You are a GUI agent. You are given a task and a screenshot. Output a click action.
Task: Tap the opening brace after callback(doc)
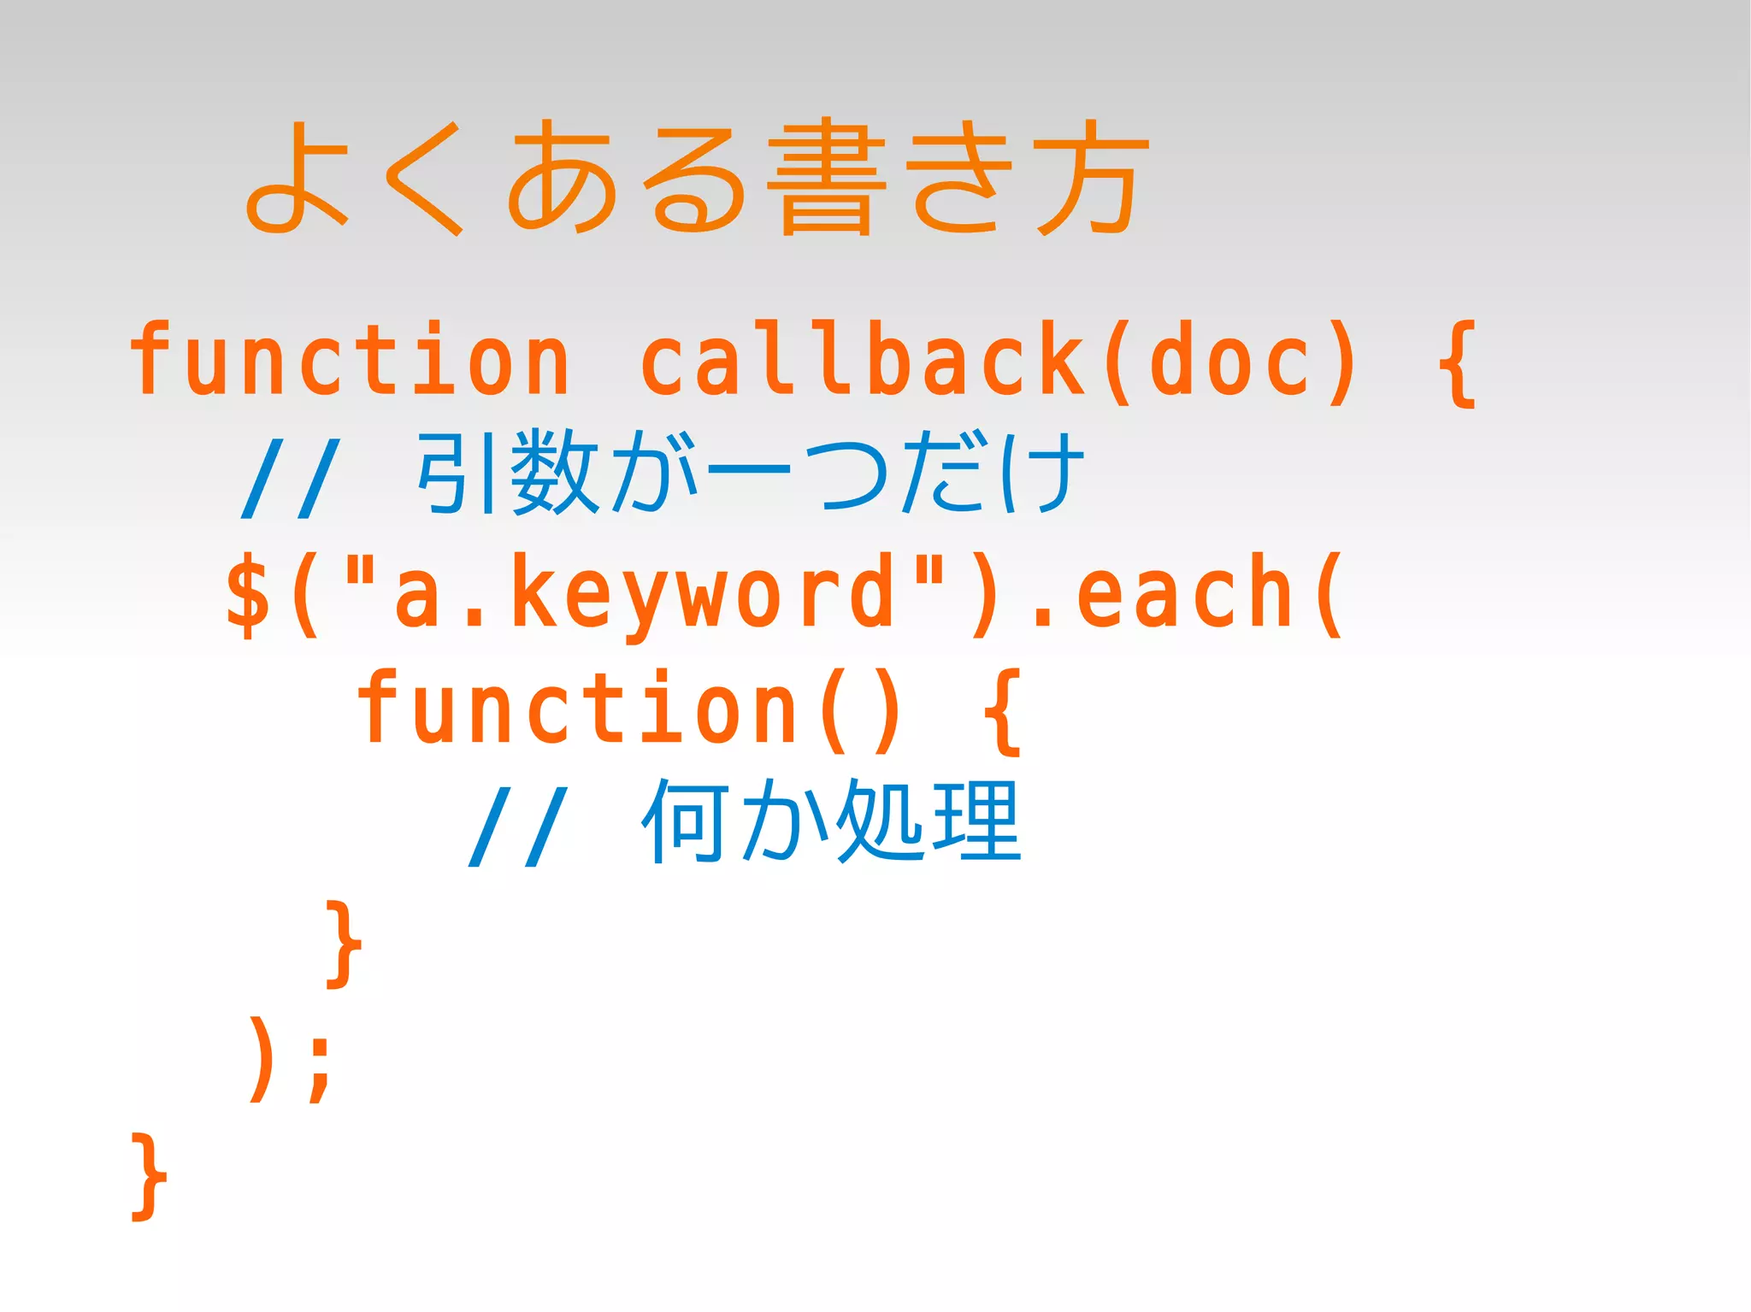[x=1458, y=363]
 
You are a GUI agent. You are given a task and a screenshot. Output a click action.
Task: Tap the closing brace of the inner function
[x=344, y=944]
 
